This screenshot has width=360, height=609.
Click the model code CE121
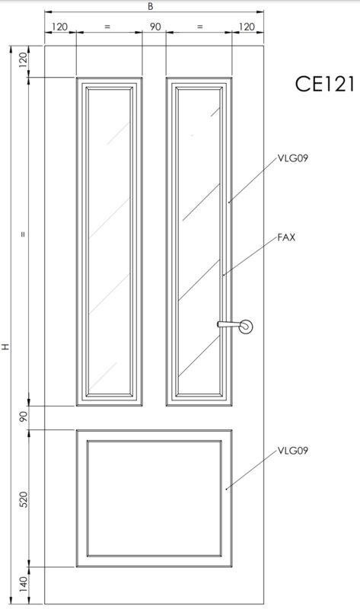point(325,84)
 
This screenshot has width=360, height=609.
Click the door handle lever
point(229,324)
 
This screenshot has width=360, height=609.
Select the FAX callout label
point(287,238)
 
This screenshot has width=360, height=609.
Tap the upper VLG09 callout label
point(293,158)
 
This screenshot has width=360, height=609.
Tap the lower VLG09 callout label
point(293,451)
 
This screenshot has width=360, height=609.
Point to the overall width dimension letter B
point(151,7)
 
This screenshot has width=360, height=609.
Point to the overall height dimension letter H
point(5,346)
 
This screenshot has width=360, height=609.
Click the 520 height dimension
point(24,499)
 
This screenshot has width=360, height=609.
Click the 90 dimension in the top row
point(155,27)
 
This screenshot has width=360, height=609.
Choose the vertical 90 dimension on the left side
point(24,417)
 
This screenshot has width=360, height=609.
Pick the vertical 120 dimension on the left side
point(24,60)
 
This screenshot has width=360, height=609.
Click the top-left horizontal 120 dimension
point(59,27)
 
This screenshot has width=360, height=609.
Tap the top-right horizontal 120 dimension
point(247,27)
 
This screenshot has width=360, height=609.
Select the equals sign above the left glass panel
point(107,27)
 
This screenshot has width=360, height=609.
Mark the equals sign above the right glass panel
point(199,27)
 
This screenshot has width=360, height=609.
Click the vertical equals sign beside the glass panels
point(24,234)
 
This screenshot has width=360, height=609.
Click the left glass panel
point(109,241)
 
